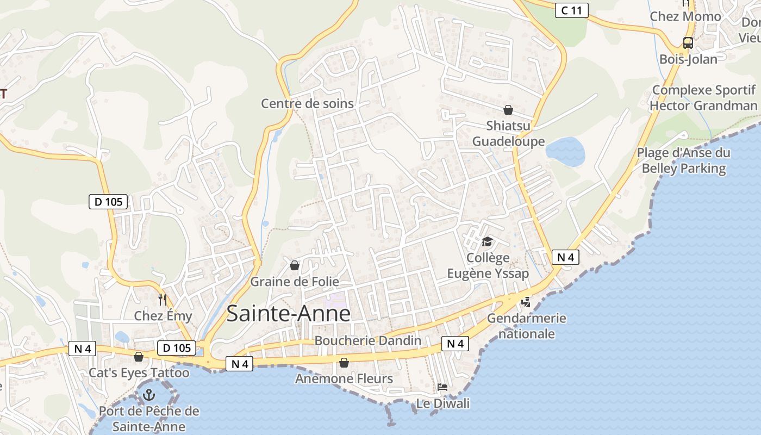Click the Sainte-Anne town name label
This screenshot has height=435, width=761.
point(288,314)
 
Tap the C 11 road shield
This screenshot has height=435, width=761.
point(571,10)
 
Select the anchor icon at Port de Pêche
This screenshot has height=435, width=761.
point(148,395)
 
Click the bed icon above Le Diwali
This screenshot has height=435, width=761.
point(442,387)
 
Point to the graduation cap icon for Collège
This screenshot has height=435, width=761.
point(487,241)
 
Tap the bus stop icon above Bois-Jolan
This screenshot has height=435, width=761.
point(688,42)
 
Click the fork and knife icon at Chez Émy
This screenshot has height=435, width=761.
point(162,299)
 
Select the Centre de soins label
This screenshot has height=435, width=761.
point(307,103)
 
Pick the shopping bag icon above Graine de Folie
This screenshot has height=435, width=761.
point(294,265)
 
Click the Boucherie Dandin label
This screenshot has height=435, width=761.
point(368,341)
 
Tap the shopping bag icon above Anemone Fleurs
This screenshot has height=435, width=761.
point(344,362)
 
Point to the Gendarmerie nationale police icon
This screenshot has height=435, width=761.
point(526,302)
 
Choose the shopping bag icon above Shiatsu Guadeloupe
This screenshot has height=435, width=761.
point(508,110)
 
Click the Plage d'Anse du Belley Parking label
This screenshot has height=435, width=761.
point(683,160)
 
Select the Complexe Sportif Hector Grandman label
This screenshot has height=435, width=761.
point(704,98)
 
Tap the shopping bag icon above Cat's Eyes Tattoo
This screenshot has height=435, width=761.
point(139,357)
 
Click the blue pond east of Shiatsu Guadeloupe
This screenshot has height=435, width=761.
point(565,152)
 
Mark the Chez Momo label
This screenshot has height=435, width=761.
point(685,16)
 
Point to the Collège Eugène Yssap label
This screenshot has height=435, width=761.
point(488,265)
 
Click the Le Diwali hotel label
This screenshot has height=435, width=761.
point(442,403)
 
